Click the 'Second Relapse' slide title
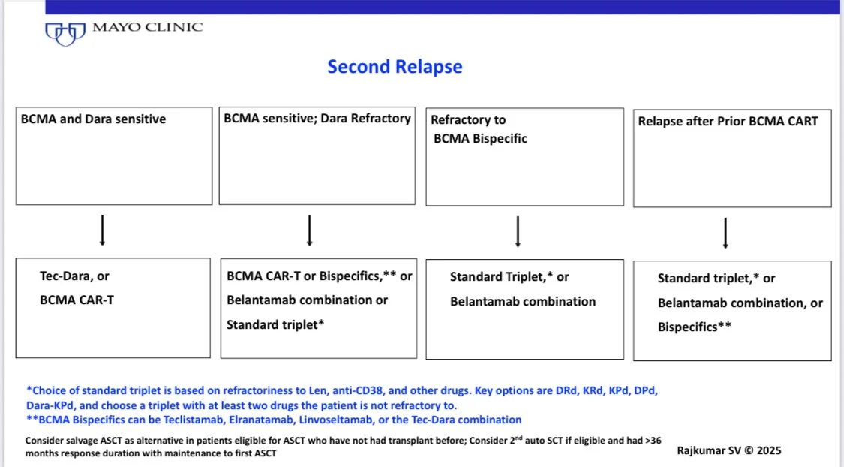pyautogui.click(x=395, y=67)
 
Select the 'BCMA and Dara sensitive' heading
pyautogui.click(x=94, y=119)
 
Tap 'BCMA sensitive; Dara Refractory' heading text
pyautogui.click(x=317, y=118)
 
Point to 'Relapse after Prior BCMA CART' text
pyautogui.click(x=728, y=121)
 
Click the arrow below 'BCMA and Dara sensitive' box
pyautogui.click(x=102, y=231)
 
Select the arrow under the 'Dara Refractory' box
pyautogui.click(x=309, y=231)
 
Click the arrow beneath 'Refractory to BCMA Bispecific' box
pyautogui.click(x=518, y=232)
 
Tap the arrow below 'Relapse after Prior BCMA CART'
pyautogui.click(x=725, y=234)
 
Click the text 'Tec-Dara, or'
pyautogui.click(x=74, y=276)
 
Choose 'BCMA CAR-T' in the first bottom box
pyautogui.click(x=77, y=300)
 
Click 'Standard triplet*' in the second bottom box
pyautogui.click(x=275, y=324)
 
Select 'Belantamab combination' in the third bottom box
pyautogui.click(x=523, y=301)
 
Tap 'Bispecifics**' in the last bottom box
pyautogui.click(x=695, y=327)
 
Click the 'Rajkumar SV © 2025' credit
pyautogui.click(x=728, y=451)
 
